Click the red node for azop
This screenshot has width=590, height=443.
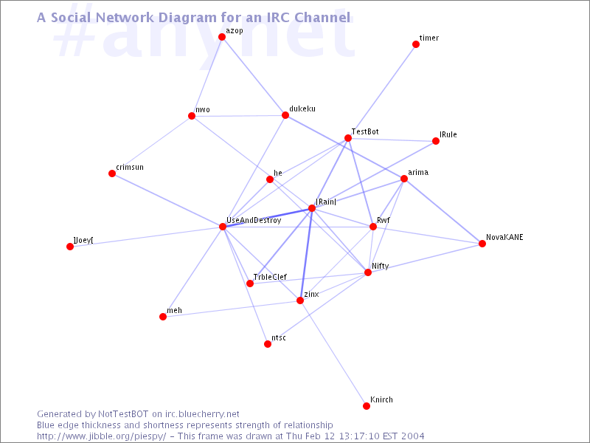pyautogui.click(x=222, y=37)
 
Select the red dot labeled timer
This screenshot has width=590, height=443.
pyautogui.click(x=416, y=44)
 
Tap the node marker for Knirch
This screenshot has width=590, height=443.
pyautogui.click(x=367, y=405)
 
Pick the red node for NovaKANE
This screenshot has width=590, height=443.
pyautogui.click(x=482, y=244)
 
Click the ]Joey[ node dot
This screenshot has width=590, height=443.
pyautogui.click(x=70, y=247)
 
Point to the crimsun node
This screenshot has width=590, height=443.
pyautogui.click(x=112, y=174)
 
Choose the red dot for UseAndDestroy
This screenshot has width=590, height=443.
pyautogui.click(x=223, y=227)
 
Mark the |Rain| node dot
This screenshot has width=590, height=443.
pyautogui.click(x=312, y=208)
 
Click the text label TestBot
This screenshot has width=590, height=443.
pyautogui.click(x=365, y=131)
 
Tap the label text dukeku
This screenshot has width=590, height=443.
pyautogui.click(x=302, y=109)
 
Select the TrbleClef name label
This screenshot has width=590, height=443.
pyautogui.click(x=270, y=277)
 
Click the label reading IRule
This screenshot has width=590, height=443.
pyautogui.click(x=448, y=134)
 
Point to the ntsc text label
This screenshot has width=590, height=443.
pyautogui.click(x=279, y=338)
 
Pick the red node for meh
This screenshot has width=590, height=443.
pyautogui.click(x=163, y=317)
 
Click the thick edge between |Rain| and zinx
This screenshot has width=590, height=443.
pyautogui.click(x=306, y=254)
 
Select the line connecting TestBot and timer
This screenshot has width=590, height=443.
pyautogui.click(x=382, y=92)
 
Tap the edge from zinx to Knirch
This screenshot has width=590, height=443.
pyautogui.click(x=333, y=354)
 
